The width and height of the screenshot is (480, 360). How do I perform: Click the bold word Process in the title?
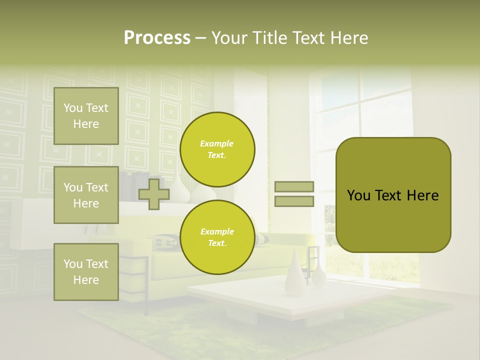157,38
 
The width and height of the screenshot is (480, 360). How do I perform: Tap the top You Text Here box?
86,116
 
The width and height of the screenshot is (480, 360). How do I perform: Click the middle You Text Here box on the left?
86,195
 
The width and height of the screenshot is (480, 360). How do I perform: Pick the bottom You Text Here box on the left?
86,271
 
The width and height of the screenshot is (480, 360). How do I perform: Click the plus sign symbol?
153,194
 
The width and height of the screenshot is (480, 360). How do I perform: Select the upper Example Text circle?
217,149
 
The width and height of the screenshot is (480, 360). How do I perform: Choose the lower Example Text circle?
217,237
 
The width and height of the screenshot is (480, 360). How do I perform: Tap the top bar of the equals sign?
294,186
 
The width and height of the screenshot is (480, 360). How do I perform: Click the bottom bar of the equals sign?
294,201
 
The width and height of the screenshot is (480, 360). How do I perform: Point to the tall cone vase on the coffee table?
295,272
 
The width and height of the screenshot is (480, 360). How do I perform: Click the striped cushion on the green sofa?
165,241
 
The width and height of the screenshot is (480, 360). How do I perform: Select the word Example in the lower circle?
217,231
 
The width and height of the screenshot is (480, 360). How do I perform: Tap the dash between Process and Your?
200,38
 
